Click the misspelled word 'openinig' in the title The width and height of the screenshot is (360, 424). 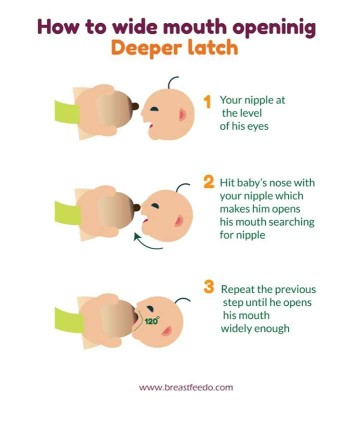274,28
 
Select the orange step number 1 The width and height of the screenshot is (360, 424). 208,102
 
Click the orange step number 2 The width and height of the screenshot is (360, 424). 209,182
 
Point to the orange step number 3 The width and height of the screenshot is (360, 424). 209,287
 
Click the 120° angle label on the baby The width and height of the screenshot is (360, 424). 152,321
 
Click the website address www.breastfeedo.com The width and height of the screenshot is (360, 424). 186,387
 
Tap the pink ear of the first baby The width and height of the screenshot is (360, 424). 182,114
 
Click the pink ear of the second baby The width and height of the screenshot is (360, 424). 179,220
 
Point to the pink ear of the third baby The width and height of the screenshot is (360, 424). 167,330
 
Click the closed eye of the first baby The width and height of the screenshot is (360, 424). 155,109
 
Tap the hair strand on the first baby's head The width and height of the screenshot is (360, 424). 172,82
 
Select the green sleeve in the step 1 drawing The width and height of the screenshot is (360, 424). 67,112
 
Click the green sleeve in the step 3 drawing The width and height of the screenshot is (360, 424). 69,321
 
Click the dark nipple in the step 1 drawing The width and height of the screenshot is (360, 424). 135,106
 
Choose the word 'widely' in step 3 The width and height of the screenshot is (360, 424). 235,329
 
